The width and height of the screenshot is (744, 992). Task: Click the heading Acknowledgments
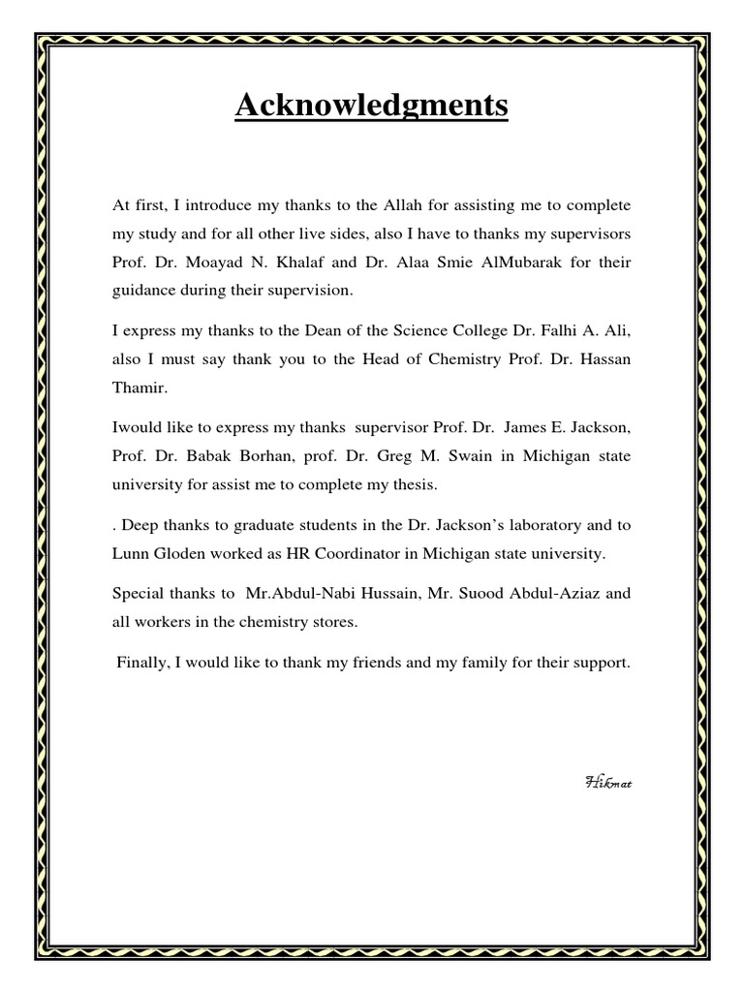click(371, 106)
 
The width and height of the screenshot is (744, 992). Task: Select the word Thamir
click(139, 389)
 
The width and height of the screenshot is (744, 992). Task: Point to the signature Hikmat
click(608, 781)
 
